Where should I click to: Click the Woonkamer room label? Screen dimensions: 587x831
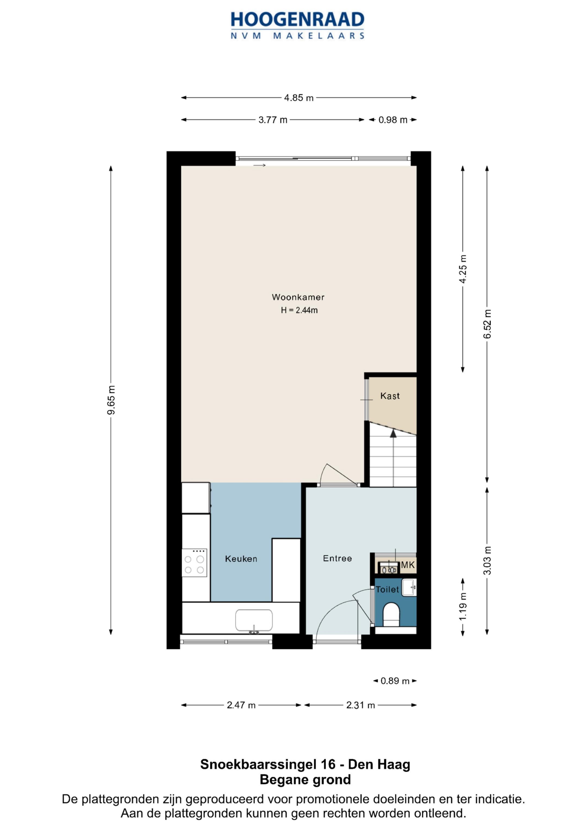coord(298,297)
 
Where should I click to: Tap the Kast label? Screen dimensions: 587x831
coord(390,396)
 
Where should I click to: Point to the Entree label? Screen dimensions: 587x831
coord(338,558)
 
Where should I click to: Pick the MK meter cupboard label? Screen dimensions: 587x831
coord(408,565)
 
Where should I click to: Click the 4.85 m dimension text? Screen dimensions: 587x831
coord(299,98)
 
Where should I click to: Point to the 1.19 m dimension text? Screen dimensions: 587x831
coord(463,606)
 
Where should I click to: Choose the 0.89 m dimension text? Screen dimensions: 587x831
coord(395,681)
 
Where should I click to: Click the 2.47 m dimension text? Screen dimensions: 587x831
coord(241,705)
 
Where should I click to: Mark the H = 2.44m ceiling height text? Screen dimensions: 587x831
coord(299,310)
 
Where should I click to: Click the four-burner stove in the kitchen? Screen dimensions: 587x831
coord(194,563)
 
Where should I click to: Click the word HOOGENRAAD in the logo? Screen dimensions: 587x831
coord(297,20)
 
